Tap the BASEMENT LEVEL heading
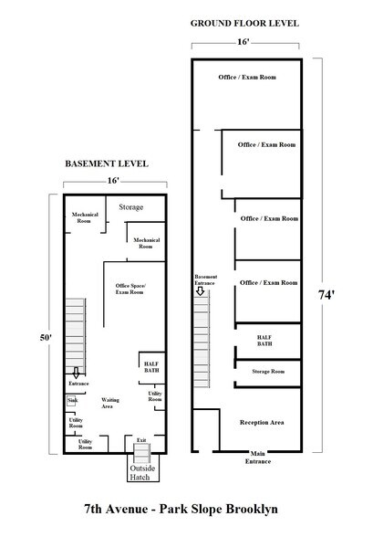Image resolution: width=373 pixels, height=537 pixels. point(106,163)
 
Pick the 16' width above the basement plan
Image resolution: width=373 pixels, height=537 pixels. point(113,181)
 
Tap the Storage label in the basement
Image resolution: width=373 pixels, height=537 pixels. point(131,207)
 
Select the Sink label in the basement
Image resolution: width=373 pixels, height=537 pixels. point(71,400)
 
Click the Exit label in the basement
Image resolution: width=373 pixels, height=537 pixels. point(141,440)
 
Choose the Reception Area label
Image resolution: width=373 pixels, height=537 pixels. point(263,423)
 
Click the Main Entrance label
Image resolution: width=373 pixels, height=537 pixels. point(258,458)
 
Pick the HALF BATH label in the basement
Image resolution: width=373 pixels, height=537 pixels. point(151,367)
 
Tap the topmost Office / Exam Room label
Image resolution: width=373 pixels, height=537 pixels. point(246,77)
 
